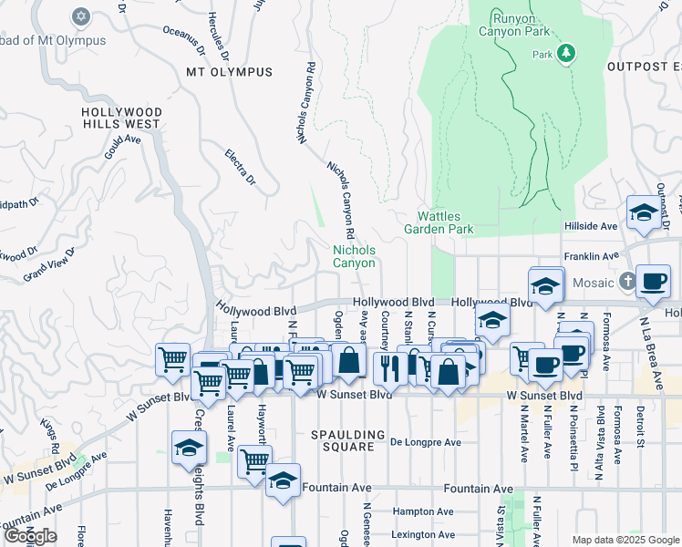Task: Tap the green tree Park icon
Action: tap(566, 53)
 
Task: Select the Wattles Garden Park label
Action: tap(446, 222)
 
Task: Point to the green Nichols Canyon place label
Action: tap(353, 256)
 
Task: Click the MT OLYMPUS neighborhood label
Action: tap(229, 72)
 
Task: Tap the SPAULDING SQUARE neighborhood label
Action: tap(344, 440)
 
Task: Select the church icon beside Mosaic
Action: tap(626, 282)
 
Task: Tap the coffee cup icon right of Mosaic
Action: tap(653, 282)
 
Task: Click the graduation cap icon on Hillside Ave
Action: tap(644, 213)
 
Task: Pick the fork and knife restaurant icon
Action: tap(387, 369)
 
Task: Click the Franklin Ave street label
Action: tap(591, 257)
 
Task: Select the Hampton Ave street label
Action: tap(422, 512)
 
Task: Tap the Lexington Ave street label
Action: tap(422, 534)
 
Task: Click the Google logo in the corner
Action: tap(30, 536)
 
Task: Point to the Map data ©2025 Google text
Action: tap(625, 539)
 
